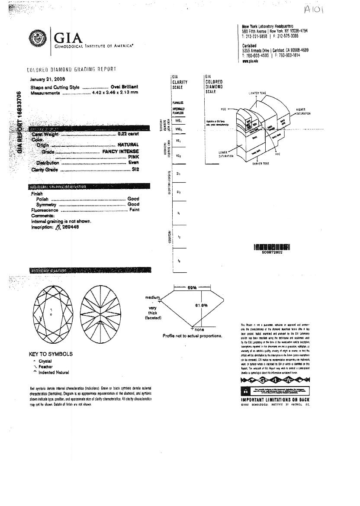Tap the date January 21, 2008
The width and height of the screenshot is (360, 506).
(48, 80)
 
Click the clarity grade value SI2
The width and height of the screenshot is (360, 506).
(135, 169)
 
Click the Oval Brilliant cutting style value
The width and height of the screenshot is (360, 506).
(124, 87)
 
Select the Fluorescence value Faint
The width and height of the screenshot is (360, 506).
(134, 210)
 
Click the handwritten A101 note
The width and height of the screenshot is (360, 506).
(313, 9)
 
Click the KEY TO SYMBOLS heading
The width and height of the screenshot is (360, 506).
(51, 354)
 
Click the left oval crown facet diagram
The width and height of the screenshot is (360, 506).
(51, 313)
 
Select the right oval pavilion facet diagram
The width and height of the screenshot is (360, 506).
(100, 313)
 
